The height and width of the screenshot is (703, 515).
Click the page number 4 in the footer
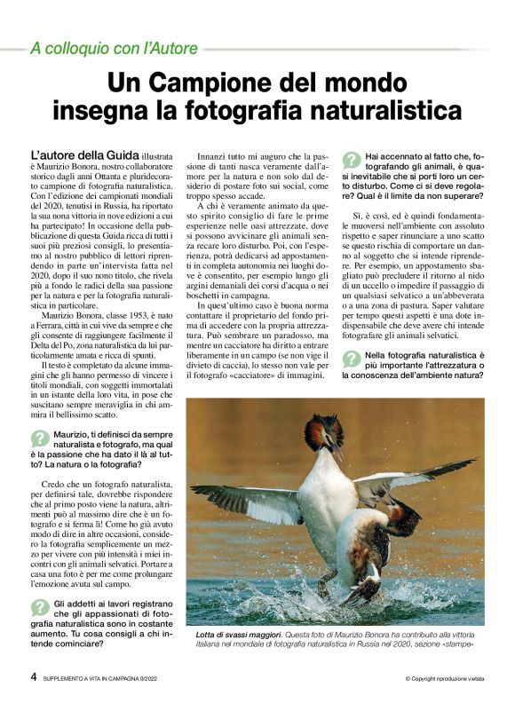tap(33, 678)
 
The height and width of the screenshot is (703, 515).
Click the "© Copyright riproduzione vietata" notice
tap(443, 679)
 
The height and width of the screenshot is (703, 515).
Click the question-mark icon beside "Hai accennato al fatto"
tap(352, 160)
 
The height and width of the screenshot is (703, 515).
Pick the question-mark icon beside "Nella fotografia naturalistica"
tap(352, 359)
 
